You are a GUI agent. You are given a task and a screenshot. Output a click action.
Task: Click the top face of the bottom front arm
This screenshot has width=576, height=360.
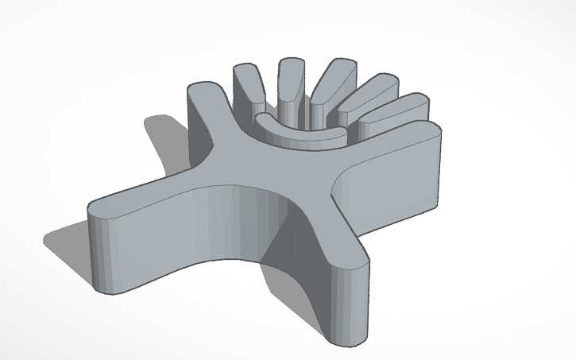(x=334, y=238)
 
